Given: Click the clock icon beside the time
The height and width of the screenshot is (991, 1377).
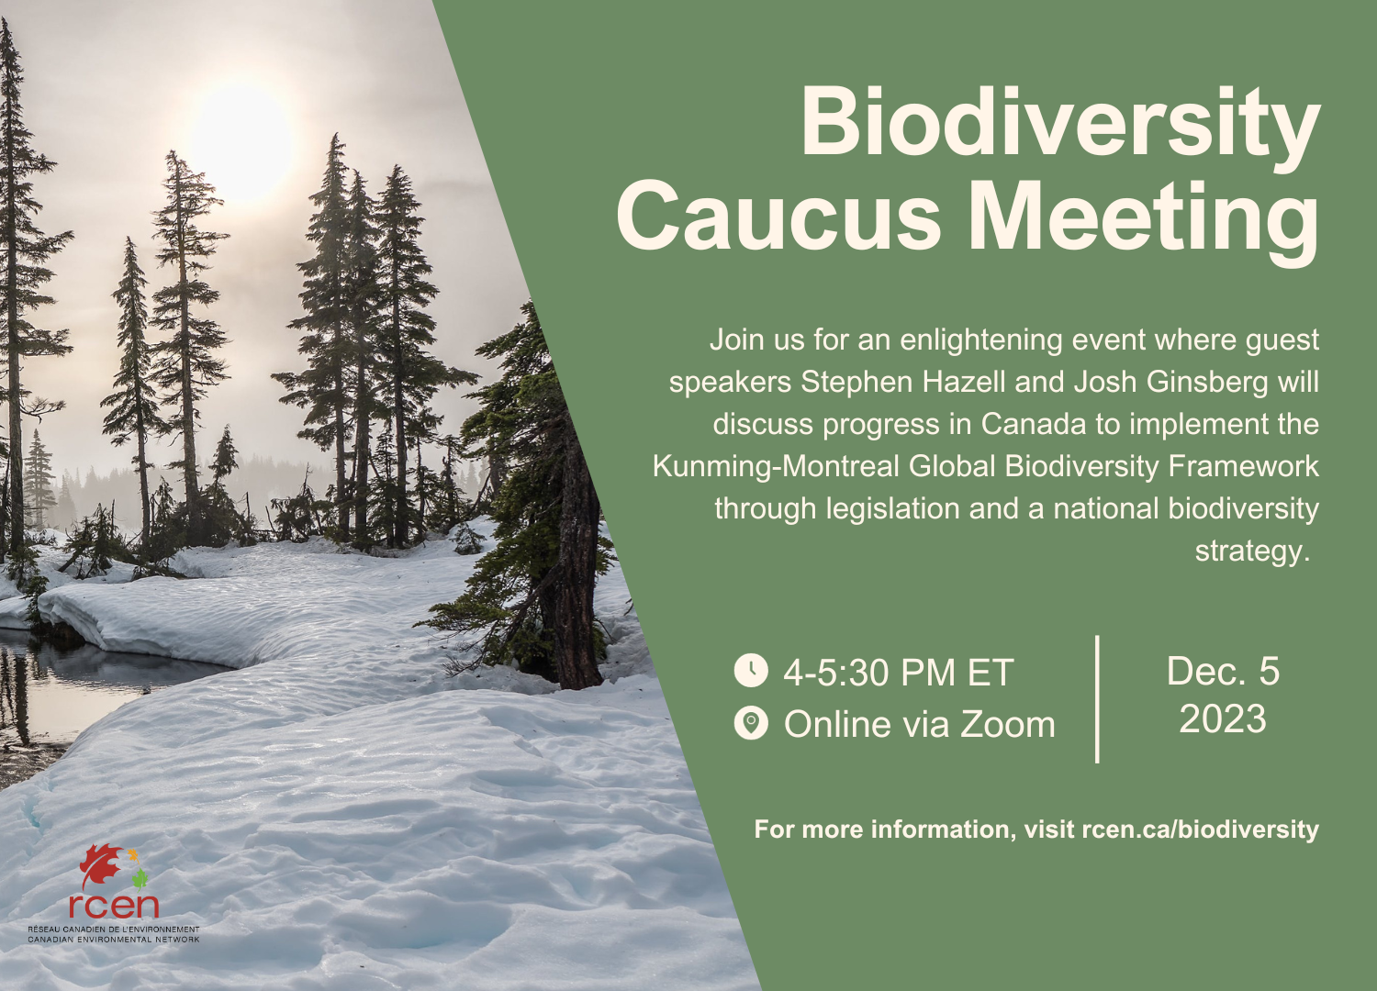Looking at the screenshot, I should coord(751,670).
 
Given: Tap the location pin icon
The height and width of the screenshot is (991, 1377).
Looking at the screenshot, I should coord(751,724).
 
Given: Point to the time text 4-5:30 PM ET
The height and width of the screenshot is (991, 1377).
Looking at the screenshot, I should coord(898,673).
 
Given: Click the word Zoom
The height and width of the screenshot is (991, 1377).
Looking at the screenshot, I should coord(1008,725).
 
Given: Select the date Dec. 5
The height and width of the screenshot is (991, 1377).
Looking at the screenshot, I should coord(1222,671).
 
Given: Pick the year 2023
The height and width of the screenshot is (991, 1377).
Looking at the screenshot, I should coord(1222,719).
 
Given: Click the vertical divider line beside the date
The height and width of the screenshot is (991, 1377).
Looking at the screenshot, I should coord(1098,698).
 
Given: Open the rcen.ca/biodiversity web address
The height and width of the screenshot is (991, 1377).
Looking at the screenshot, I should coord(1200,830).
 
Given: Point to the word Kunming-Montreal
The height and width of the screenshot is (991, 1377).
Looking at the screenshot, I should coord(776,466).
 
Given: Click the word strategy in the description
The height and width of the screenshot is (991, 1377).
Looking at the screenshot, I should coord(1250,551).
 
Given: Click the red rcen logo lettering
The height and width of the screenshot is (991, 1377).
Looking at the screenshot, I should coord(114,906).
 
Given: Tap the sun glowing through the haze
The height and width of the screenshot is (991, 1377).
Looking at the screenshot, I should coord(241,142).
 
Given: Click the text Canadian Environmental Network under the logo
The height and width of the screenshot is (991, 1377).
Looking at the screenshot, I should coord(113,940).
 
